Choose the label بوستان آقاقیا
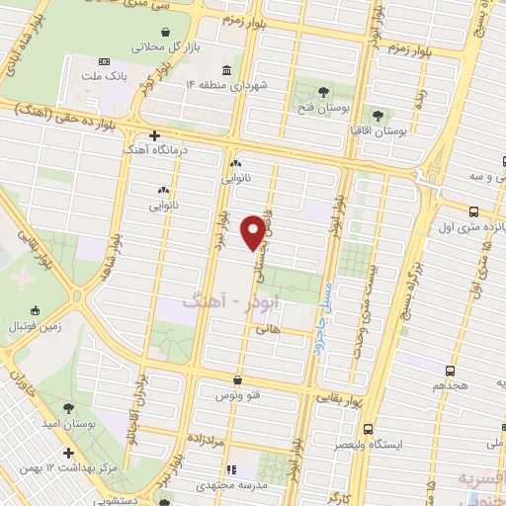click(379, 130)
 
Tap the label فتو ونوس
click(237, 395)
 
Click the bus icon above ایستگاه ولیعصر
click(368, 430)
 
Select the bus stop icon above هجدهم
click(451, 372)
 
